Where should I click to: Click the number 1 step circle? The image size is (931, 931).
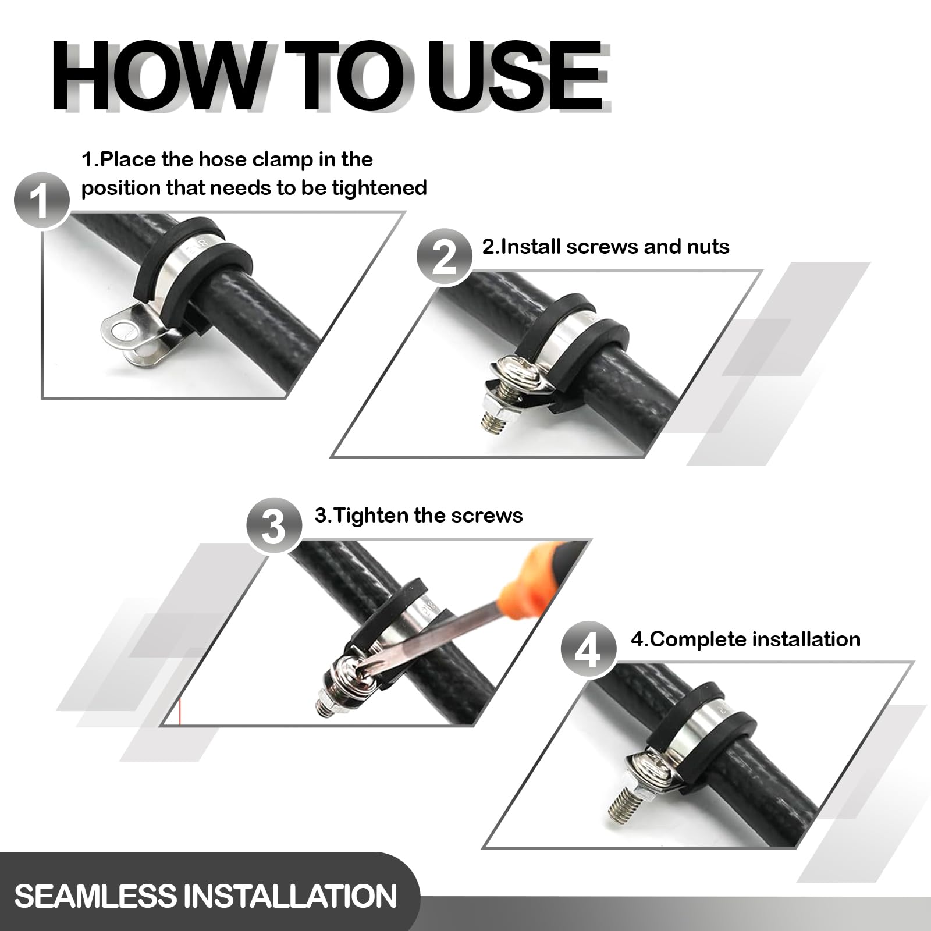[x=41, y=200]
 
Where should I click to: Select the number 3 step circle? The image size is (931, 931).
[x=274, y=526]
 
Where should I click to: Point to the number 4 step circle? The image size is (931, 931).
[x=589, y=649]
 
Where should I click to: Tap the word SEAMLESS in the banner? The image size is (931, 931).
[x=95, y=896]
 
